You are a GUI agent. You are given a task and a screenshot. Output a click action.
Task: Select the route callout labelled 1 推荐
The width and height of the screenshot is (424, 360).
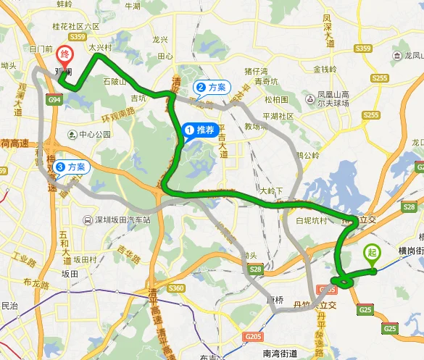coord(199,130)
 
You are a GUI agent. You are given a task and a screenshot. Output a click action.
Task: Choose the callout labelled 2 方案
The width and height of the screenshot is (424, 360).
coord(211,87)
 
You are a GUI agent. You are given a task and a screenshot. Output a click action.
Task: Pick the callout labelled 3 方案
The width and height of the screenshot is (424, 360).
coord(71,167)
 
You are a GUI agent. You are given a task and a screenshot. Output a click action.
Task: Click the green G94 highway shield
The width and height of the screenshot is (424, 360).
coord(54,100)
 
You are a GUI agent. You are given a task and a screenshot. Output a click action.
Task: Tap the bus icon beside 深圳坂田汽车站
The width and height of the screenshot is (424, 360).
coord(87,219)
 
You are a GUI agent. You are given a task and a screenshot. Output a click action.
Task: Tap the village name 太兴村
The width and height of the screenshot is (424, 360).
coord(101,48)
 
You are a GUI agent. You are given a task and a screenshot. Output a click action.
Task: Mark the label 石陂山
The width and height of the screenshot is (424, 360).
coord(116,81)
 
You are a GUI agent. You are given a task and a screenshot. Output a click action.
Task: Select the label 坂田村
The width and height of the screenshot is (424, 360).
coord(84,259)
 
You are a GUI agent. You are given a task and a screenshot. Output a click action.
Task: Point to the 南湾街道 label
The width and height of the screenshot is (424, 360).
coord(276,353)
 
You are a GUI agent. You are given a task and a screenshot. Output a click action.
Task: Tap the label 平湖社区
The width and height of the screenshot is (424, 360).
coord(277,116)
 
